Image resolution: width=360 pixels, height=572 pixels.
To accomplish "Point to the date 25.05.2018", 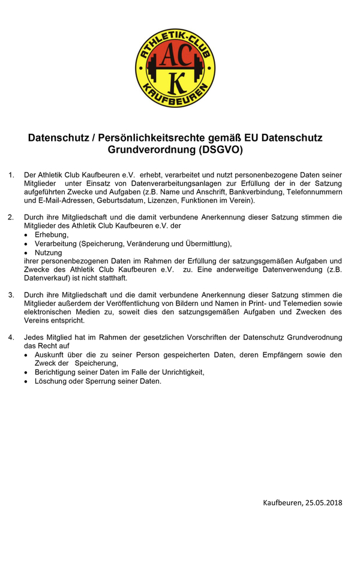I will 323,502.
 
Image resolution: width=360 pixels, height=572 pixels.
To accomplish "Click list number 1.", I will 11,174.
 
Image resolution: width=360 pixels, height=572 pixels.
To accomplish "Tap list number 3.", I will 11,295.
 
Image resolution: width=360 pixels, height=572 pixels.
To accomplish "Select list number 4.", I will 11,338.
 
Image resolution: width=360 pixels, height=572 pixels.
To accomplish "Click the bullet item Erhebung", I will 52,234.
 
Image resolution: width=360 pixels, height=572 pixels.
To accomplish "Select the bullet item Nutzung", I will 49,252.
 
